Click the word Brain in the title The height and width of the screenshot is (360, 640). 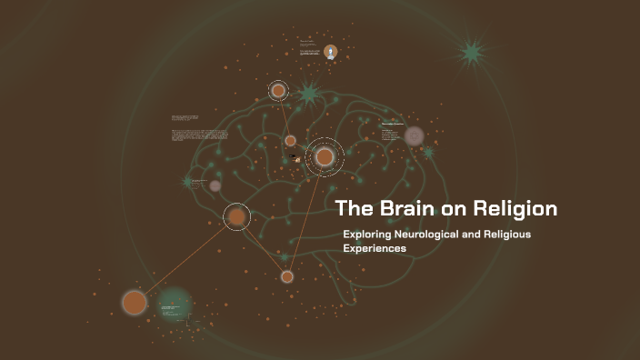(x=397, y=208)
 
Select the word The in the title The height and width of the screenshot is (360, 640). (x=350, y=208)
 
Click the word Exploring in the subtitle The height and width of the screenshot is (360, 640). (x=369, y=235)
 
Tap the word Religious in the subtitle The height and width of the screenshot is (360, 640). (x=530, y=235)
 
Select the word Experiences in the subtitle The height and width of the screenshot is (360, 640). (x=375, y=248)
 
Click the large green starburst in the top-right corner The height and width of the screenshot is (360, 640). (x=472, y=53)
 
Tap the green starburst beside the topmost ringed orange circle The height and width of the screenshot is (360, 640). (x=308, y=93)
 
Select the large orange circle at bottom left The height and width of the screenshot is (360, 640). (x=135, y=302)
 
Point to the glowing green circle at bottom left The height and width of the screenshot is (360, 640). (x=174, y=305)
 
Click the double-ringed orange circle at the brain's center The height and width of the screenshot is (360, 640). (x=325, y=157)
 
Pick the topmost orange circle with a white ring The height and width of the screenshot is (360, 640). (x=278, y=90)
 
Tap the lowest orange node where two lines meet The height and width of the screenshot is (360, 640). (x=287, y=276)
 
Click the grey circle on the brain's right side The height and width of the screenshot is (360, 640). (x=415, y=136)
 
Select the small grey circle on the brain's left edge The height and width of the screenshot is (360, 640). (x=215, y=185)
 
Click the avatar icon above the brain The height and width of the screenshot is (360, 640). (x=330, y=52)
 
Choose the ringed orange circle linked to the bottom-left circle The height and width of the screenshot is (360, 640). (x=236, y=216)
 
